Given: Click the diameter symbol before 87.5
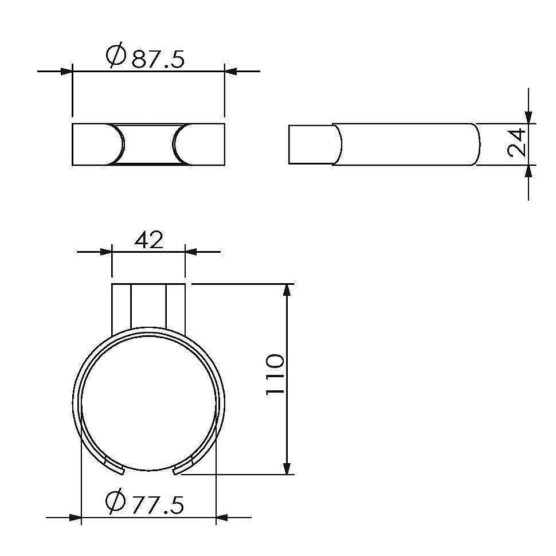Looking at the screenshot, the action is [x=116, y=55].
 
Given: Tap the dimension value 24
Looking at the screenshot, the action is [x=517, y=143].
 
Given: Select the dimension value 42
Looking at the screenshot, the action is [x=149, y=240].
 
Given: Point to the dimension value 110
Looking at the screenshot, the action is [x=275, y=374].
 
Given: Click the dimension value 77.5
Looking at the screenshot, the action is [x=158, y=505].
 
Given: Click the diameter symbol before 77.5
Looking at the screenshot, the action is [x=116, y=501].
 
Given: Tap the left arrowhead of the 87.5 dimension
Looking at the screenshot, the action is [x=66, y=71].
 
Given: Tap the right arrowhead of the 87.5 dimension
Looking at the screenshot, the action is [x=230, y=71].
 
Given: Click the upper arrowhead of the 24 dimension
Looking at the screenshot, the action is [x=528, y=118].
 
